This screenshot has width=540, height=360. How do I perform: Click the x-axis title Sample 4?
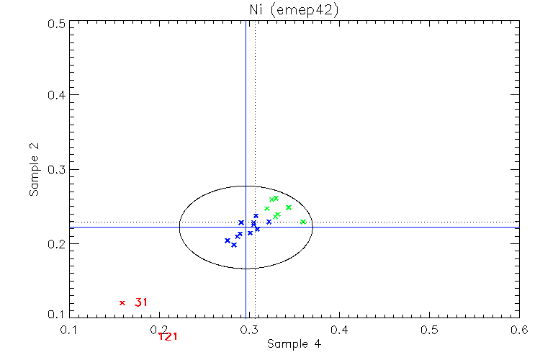294,344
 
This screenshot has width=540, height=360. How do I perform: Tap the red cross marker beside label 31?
122,302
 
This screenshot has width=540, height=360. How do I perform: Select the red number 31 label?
141,302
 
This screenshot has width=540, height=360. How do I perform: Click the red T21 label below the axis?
168,336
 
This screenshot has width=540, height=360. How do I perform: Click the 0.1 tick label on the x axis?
69,330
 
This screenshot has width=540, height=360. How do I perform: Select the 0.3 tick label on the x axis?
249,330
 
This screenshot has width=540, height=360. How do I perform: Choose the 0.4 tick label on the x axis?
339,330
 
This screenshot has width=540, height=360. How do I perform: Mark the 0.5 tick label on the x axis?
429,330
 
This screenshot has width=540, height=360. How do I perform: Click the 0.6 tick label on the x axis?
518,330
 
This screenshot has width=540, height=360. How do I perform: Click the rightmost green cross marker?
303,222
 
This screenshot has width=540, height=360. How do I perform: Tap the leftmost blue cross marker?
228,240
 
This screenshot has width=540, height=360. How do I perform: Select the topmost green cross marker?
276,198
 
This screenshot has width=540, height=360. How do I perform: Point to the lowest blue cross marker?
234,245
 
